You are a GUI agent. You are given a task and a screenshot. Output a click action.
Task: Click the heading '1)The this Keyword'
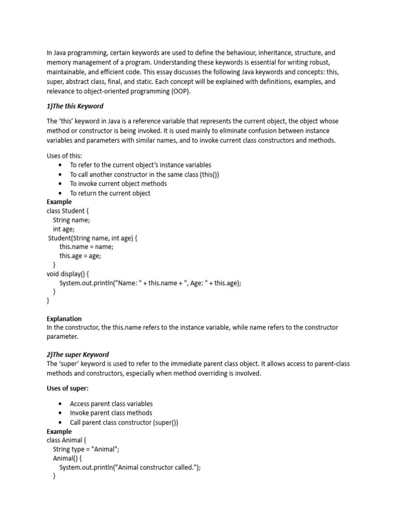[x=75, y=106]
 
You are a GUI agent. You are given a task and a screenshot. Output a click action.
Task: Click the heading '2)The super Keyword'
[x=78, y=354]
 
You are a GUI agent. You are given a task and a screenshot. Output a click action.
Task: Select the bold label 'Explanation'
[x=64, y=319]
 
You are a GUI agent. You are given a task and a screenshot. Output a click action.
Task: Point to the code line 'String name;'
[x=71, y=220]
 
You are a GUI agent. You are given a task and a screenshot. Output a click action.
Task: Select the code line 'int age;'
[x=64, y=229]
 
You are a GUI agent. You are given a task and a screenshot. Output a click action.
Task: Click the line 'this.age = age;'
[x=80, y=256]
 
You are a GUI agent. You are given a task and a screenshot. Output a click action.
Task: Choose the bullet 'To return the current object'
[x=110, y=193]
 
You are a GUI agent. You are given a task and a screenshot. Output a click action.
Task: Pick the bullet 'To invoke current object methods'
[x=118, y=183]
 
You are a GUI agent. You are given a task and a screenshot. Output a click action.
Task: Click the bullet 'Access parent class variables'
[x=111, y=403]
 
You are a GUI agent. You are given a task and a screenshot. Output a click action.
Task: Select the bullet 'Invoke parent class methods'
[x=111, y=413]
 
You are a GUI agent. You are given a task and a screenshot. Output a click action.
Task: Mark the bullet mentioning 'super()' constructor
[x=124, y=422]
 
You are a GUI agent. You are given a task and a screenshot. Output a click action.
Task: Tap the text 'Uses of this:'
[x=64, y=156]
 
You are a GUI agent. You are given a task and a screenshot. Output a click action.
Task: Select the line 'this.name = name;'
[x=86, y=246]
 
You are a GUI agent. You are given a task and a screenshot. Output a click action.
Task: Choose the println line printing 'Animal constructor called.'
[x=130, y=468]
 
